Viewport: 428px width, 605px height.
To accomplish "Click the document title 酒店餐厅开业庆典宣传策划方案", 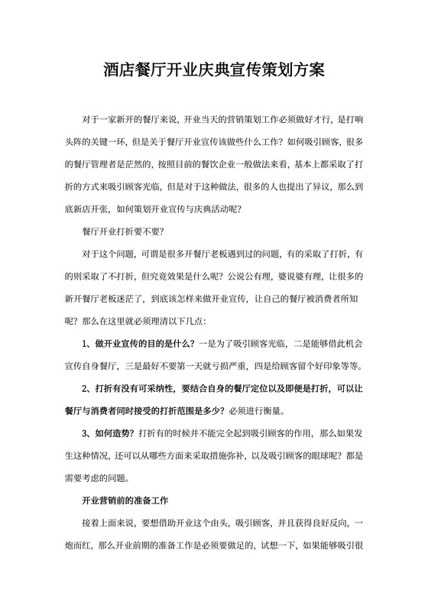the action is pyautogui.click(x=214, y=70).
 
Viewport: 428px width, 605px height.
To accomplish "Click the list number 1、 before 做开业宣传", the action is pyautogui.click(x=87, y=343).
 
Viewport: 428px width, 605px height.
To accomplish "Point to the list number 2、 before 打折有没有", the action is pyautogui.click(x=87, y=388).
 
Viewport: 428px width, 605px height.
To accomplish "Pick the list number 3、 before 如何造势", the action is pyautogui.click(x=87, y=433).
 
